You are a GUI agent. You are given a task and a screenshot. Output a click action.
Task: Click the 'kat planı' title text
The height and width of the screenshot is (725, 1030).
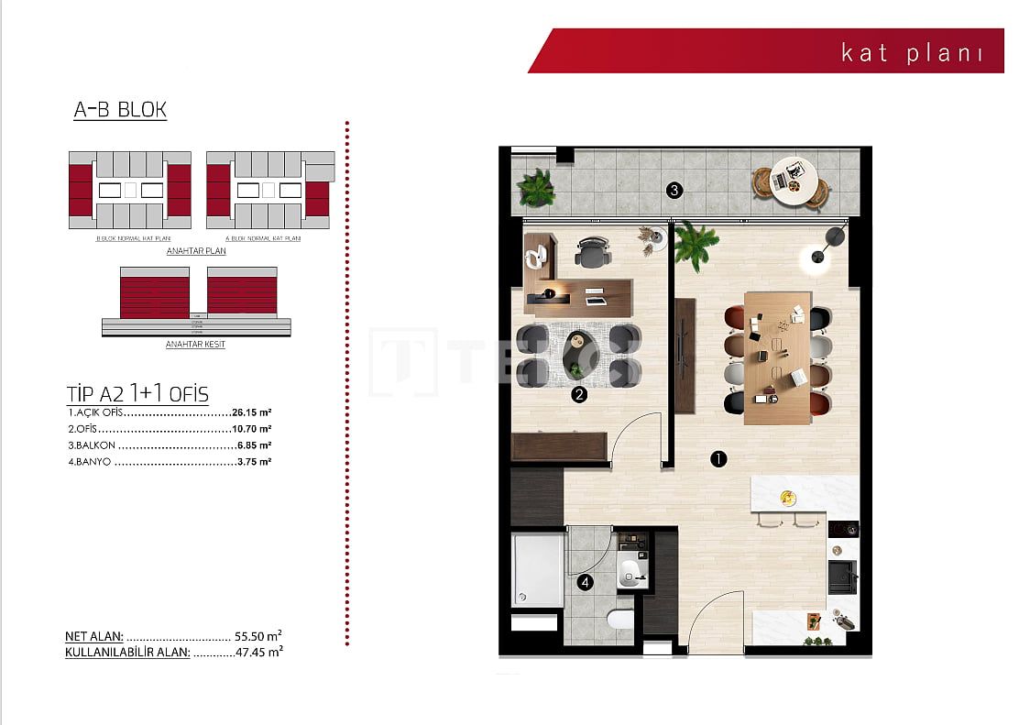(x=912, y=52)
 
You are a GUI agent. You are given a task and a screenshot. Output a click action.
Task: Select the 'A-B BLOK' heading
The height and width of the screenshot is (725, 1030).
(x=120, y=110)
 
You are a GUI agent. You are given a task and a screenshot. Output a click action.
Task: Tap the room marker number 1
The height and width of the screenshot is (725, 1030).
(x=718, y=459)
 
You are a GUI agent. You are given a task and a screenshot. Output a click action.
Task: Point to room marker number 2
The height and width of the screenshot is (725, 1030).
(x=579, y=396)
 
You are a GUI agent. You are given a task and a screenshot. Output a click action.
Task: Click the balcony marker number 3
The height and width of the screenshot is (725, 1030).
(x=674, y=191)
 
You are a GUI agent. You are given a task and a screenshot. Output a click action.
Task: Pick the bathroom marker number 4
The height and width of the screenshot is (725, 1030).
(x=586, y=581)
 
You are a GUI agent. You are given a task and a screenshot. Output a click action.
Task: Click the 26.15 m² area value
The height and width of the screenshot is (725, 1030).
(x=251, y=412)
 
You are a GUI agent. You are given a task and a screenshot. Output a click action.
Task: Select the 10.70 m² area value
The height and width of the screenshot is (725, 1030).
(x=251, y=428)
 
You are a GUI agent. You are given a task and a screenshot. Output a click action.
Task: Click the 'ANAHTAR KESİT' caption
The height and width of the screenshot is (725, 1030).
(x=195, y=345)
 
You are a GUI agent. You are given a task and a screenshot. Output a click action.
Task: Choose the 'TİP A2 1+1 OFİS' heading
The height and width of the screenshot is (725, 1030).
(x=137, y=394)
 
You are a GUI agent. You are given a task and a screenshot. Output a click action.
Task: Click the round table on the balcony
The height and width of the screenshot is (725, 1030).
(x=793, y=179)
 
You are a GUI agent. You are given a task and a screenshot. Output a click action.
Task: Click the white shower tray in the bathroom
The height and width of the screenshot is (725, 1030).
(x=538, y=570)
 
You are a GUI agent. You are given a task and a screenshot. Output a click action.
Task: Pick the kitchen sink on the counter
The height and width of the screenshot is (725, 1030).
(x=841, y=578)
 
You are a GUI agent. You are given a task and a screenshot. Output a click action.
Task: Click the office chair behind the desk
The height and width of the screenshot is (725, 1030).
(x=593, y=252)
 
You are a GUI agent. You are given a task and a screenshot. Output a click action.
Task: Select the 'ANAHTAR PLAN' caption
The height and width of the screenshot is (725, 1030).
(x=196, y=250)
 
